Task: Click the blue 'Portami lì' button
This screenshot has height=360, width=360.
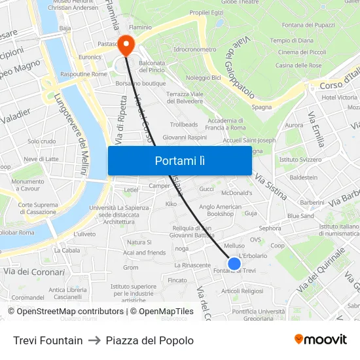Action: click(179, 160)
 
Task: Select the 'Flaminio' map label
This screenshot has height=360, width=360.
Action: click(140, 27)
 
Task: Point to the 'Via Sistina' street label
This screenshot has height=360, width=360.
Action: click(270, 187)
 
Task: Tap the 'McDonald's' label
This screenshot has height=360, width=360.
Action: click(237, 193)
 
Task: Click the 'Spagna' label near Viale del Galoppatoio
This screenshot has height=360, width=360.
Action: click(262, 107)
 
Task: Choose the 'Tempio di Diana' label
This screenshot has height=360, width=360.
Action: click(291, 41)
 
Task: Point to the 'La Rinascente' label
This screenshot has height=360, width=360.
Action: click(192, 265)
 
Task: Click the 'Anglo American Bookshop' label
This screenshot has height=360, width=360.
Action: click(220, 210)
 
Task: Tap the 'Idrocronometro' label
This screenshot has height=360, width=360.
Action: click(195, 49)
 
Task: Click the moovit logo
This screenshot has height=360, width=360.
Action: click(321, 339)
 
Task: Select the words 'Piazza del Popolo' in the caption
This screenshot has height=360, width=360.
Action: click(149, 340)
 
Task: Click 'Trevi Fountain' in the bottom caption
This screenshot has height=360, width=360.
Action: click(48, 340)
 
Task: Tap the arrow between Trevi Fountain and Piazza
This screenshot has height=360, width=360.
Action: click(94, 340)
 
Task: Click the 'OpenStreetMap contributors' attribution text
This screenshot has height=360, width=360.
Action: click(70, 312)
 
